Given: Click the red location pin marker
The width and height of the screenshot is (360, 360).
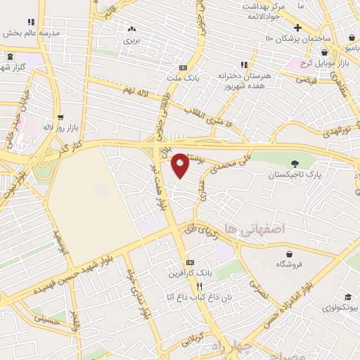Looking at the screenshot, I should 181,165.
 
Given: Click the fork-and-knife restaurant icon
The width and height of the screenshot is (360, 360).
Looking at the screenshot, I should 199,286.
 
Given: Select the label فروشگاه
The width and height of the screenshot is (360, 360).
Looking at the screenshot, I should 290,264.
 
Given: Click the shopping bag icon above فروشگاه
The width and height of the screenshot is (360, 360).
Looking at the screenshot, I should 290,253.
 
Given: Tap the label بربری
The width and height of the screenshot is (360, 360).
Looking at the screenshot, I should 132,40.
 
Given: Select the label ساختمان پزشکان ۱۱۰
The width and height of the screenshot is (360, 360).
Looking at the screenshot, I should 297,37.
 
